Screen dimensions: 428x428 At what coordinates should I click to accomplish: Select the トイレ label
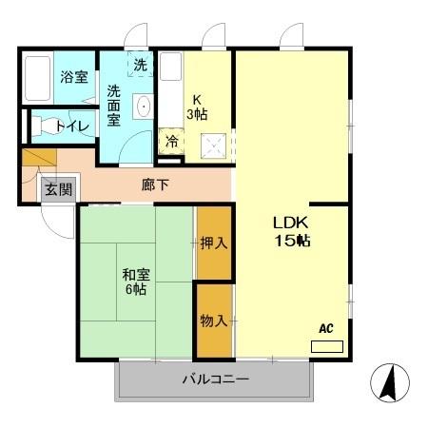tap(72, 125)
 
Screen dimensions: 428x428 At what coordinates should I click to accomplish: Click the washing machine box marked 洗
tap(140, 66)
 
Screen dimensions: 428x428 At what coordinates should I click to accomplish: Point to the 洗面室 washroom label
tap(114, 106)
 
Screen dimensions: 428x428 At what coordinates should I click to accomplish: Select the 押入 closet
tap(214, 243)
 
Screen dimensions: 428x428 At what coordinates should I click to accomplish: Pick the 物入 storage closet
tap(214, 321)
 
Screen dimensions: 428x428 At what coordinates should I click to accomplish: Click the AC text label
tap(325, 329)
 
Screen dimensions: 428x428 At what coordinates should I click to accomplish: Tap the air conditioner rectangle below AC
tap(325, 346)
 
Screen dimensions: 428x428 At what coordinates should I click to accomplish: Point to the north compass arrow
tap(389, 383)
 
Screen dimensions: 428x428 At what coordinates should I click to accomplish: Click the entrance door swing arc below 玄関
tap(57, 224)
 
